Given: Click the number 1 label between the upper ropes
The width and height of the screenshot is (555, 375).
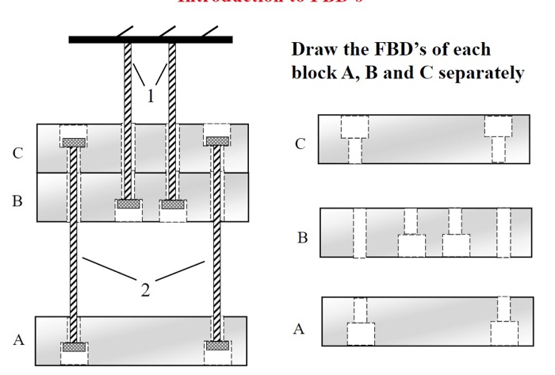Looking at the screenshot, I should click(x=149, y=97).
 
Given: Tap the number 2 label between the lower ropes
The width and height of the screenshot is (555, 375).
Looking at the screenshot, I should click(x=144, y=290).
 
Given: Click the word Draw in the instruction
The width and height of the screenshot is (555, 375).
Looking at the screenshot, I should click(x=312, y=49).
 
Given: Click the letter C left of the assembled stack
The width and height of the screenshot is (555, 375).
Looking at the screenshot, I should click(x=17, y=154).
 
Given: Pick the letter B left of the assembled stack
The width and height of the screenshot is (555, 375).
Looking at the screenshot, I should click(x=17, y=201).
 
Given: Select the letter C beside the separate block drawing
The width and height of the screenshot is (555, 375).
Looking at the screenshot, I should click(x=300, y=144).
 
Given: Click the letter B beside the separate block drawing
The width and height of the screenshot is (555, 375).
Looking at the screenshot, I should click(x=302, y=237).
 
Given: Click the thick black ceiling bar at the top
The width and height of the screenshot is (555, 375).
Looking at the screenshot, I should click(x=150, y=39).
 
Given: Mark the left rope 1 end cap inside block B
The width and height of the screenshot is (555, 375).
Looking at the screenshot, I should click(x=127, y=204).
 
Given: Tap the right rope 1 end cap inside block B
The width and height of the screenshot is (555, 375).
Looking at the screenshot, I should click(x=172, y=204).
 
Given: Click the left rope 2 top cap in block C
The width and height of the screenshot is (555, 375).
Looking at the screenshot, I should click(x=73, y=142).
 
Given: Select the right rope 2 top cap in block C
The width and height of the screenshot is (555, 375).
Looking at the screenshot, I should click(x=216, y=141).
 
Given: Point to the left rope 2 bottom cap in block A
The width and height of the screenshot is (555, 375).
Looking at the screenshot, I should click(x=73, y=346).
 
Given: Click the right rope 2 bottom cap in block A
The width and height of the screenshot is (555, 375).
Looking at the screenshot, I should click(x=216, y=346).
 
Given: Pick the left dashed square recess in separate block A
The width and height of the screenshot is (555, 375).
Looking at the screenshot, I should click(x=360, y=333).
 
